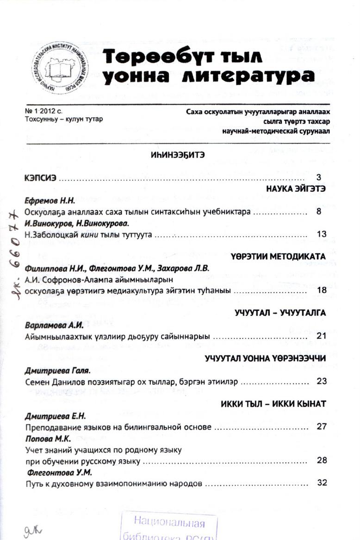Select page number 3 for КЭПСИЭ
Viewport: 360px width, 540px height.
(318, 177)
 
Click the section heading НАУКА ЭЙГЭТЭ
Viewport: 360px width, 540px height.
(296, 189)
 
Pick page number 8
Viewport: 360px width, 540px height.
(319, 212)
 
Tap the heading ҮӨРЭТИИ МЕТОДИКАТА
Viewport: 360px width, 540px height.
(279, 256)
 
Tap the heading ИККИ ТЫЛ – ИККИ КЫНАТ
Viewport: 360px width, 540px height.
(273, 404)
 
